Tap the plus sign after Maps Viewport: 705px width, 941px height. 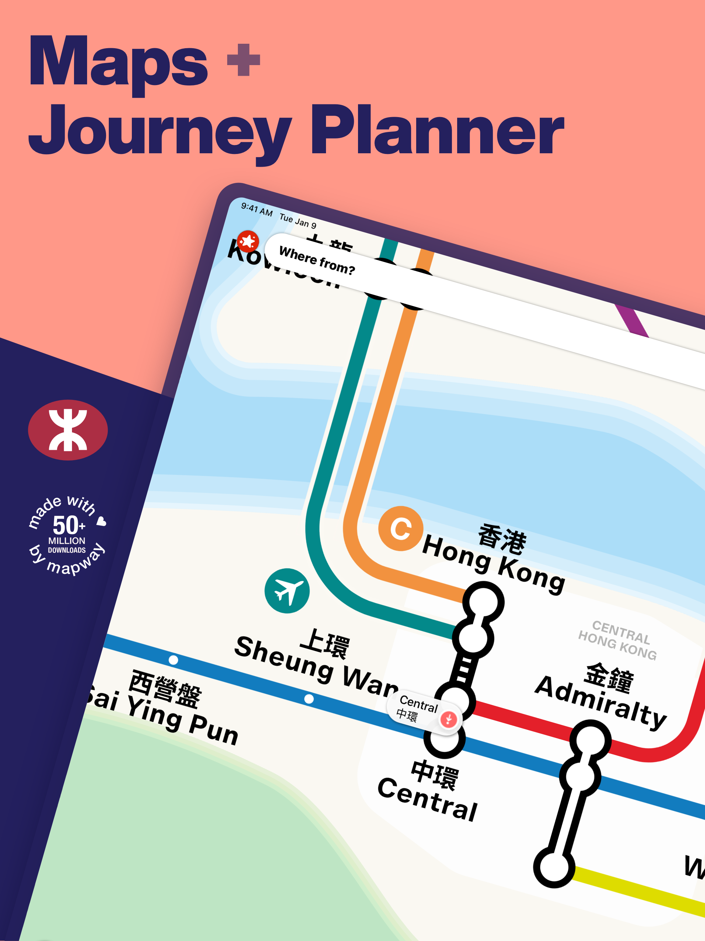click(243, 60)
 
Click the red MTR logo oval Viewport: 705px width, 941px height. click(68, 430)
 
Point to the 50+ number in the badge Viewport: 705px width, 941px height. click(68, 525)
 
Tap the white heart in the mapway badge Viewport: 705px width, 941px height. click(101, 521)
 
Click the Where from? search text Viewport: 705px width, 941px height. click(317, 260)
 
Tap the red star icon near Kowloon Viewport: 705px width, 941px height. click(248, 241)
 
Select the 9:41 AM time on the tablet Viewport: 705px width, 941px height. click(256, 208)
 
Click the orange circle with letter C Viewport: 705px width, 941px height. click(401, 528)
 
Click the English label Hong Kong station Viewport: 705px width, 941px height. click(493, 563)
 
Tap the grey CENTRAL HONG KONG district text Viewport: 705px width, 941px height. click(618, 640)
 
